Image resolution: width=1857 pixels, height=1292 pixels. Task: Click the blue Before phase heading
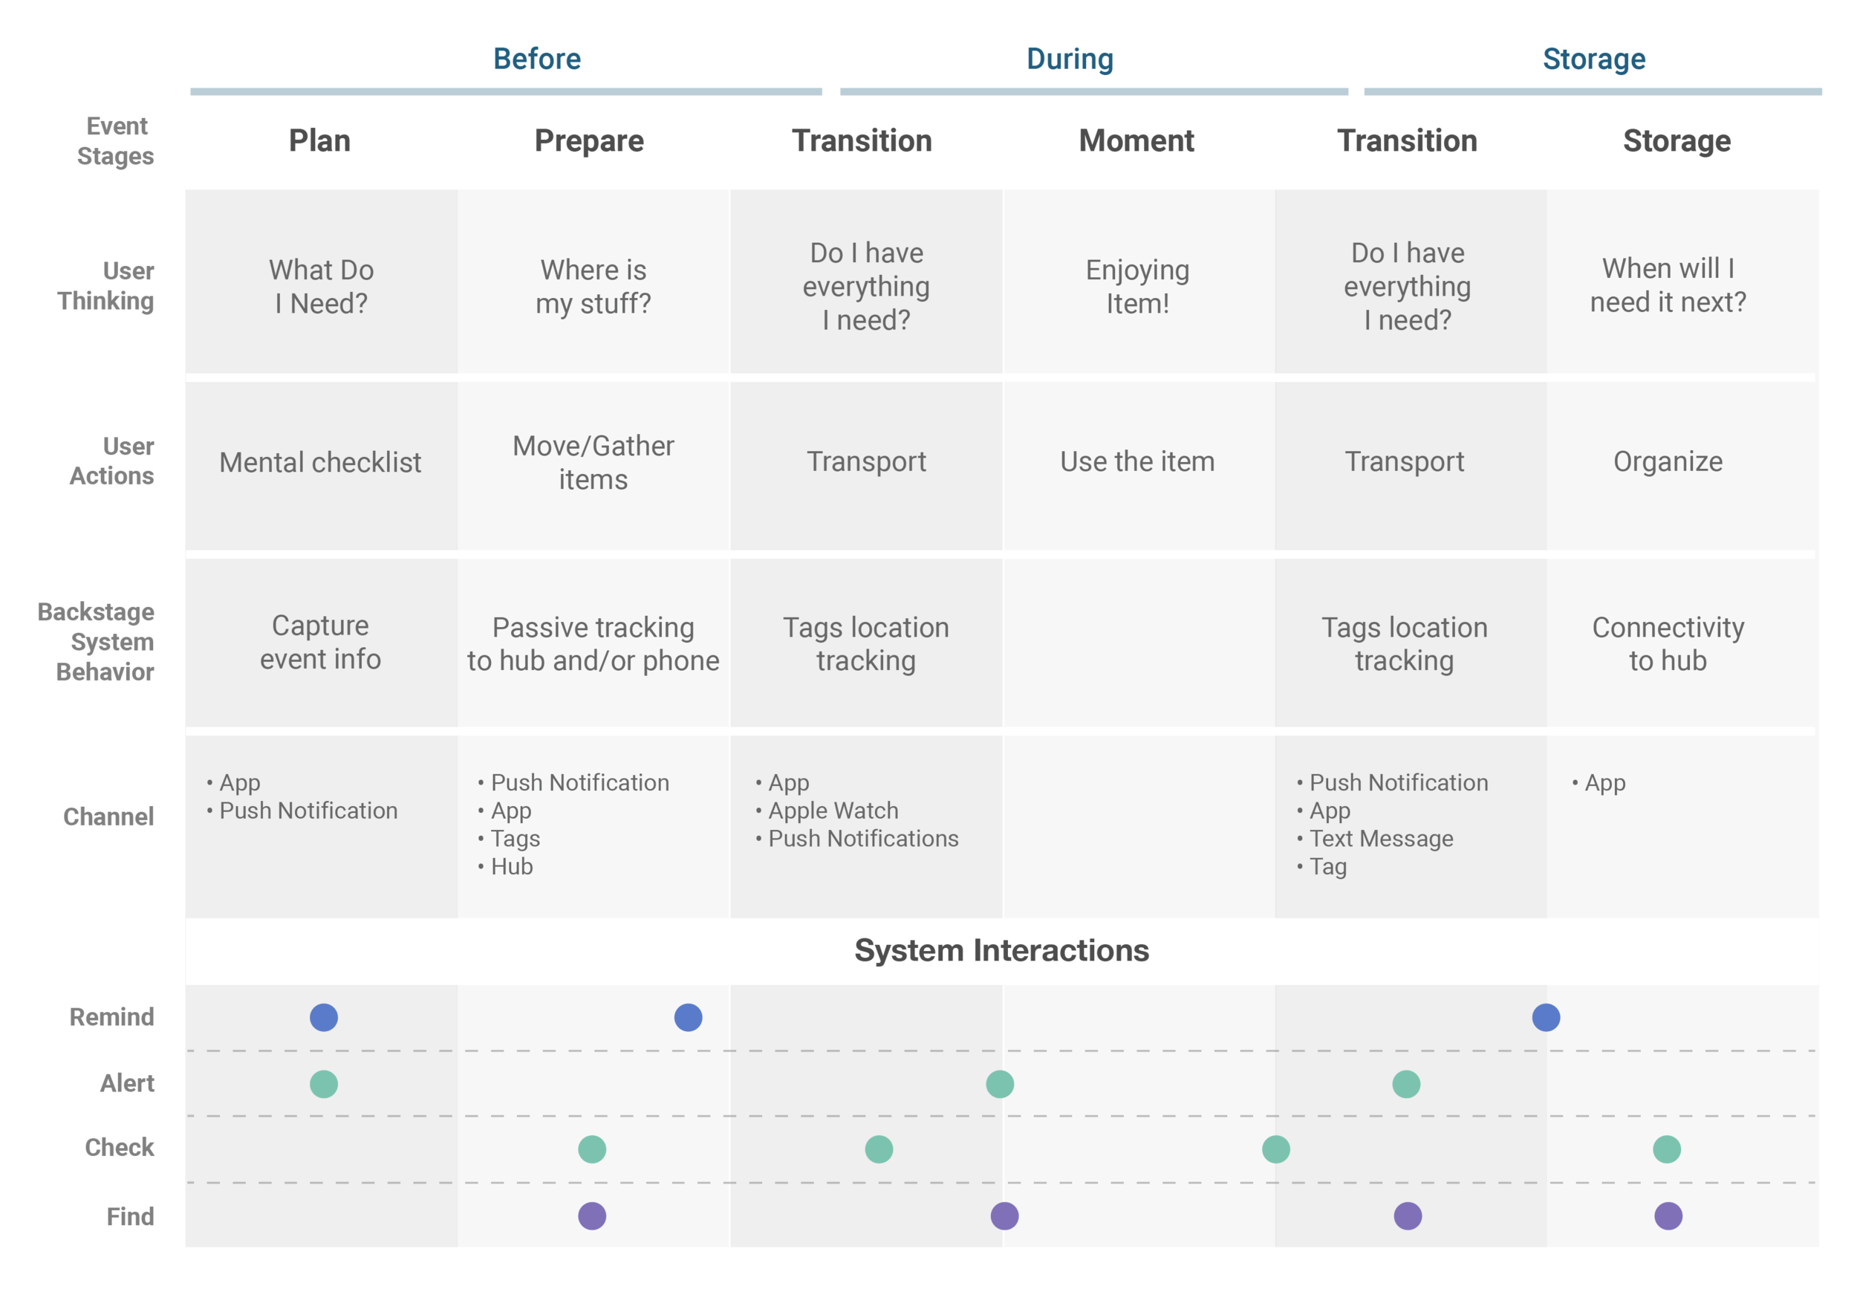point(537,59)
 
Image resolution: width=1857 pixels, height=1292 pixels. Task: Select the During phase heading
point(1070,59)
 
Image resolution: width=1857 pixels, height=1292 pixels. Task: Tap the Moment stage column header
point(1136,140)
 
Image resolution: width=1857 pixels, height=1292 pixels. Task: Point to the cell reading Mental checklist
point(320,462)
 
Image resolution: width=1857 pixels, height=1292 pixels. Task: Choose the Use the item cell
point(1137,461)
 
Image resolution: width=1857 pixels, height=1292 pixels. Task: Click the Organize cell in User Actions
point(1668,461)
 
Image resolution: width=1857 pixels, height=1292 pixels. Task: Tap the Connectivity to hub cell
point(1668,643)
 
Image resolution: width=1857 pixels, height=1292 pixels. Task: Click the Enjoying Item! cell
point(1137,286)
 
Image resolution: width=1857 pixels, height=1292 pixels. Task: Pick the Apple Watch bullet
point(827,810)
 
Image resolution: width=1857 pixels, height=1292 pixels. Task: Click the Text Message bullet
point(1375,838)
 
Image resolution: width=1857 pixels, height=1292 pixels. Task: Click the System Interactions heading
point(1001,950)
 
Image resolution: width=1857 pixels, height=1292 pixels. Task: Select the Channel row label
point(108,817)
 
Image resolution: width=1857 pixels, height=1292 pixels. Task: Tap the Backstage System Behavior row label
point(97,642)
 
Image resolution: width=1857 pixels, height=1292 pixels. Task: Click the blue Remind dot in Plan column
point(324,1017)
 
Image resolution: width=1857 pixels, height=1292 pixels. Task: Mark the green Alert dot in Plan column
point(324,1084)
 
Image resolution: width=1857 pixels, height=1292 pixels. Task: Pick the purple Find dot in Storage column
point(1668,1216)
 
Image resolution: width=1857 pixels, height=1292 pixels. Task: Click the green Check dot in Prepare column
point(592,1149)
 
